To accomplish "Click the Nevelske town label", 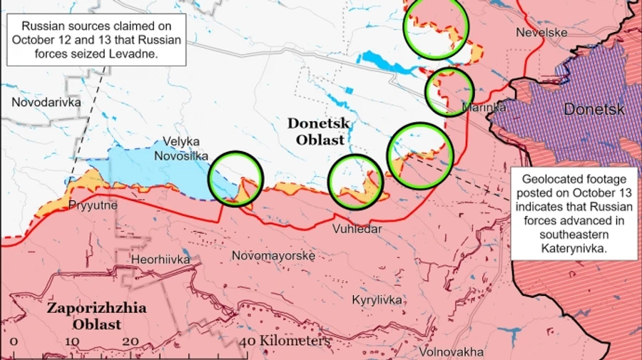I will (542, 33).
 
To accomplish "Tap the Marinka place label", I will (484, 108).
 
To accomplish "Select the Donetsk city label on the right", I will (593, 109).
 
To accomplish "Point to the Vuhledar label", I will (357, 229).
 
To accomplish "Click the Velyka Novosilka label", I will (181, 148).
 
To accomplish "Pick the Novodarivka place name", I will (46, 103).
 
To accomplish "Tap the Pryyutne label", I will (93, 205).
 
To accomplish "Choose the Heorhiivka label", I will (160, 259).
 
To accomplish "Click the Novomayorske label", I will (274, 255).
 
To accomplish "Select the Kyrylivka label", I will (377, 300).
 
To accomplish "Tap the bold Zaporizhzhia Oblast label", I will (96, 316).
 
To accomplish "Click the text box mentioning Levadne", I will (97, 39).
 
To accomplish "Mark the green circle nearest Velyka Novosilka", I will (235, 179).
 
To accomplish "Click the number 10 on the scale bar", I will (73, 341).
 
